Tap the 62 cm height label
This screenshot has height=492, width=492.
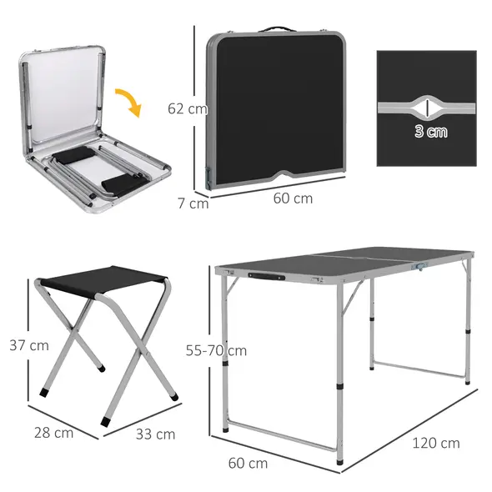tap(186, 108)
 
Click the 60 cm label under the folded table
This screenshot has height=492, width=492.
tap(293, 198)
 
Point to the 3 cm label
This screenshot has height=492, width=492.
tap(430, 131)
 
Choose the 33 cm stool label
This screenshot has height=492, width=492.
tap(154, 434)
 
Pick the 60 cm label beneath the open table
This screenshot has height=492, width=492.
tap(247, 463)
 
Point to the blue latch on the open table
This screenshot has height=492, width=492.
tap(422, 268)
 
